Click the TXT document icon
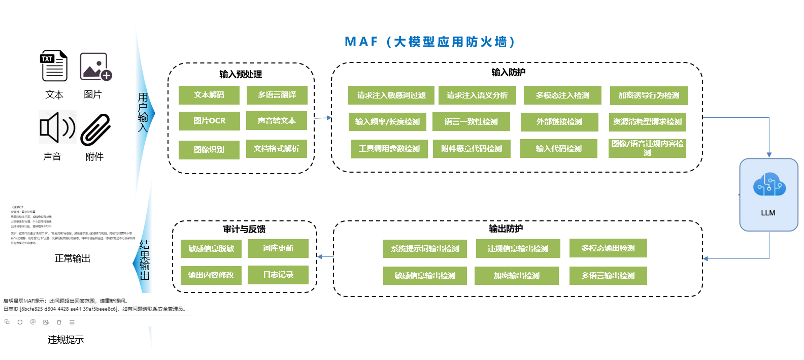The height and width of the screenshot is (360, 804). [x=54, y=66]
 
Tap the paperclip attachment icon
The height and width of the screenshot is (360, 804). [x=95, y=129]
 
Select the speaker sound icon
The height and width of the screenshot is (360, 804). [x=57, y=127]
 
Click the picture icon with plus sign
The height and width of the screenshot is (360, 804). [x=95, y=67]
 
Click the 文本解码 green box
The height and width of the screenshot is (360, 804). [x=209, y=95]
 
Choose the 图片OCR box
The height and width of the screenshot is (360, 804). [x=209, y=121]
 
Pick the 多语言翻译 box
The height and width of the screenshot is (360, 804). [x=277, y=95]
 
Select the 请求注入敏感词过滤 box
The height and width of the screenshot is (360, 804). [x=391, y=95]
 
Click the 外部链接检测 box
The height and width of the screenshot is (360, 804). [x=559, y=122]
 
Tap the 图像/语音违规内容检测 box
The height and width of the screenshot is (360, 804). [x=647, y=148]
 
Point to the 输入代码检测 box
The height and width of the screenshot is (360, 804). [x=558, y=149]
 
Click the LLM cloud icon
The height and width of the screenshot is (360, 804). [x=769, y=185]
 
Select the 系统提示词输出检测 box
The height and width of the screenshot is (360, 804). [x=425, y=249]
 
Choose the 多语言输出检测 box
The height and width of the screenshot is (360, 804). [x=608, y=276]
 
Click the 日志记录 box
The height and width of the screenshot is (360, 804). [x=278, y=275]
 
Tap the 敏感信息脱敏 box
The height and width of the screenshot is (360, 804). [x=211, y=249]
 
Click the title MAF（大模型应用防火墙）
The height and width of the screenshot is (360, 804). [x=430, y=42]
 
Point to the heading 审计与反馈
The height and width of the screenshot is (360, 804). [x=244, y=229]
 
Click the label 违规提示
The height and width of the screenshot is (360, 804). [x=65, y=340]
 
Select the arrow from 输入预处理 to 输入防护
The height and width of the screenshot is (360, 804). [x=323, y=118]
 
